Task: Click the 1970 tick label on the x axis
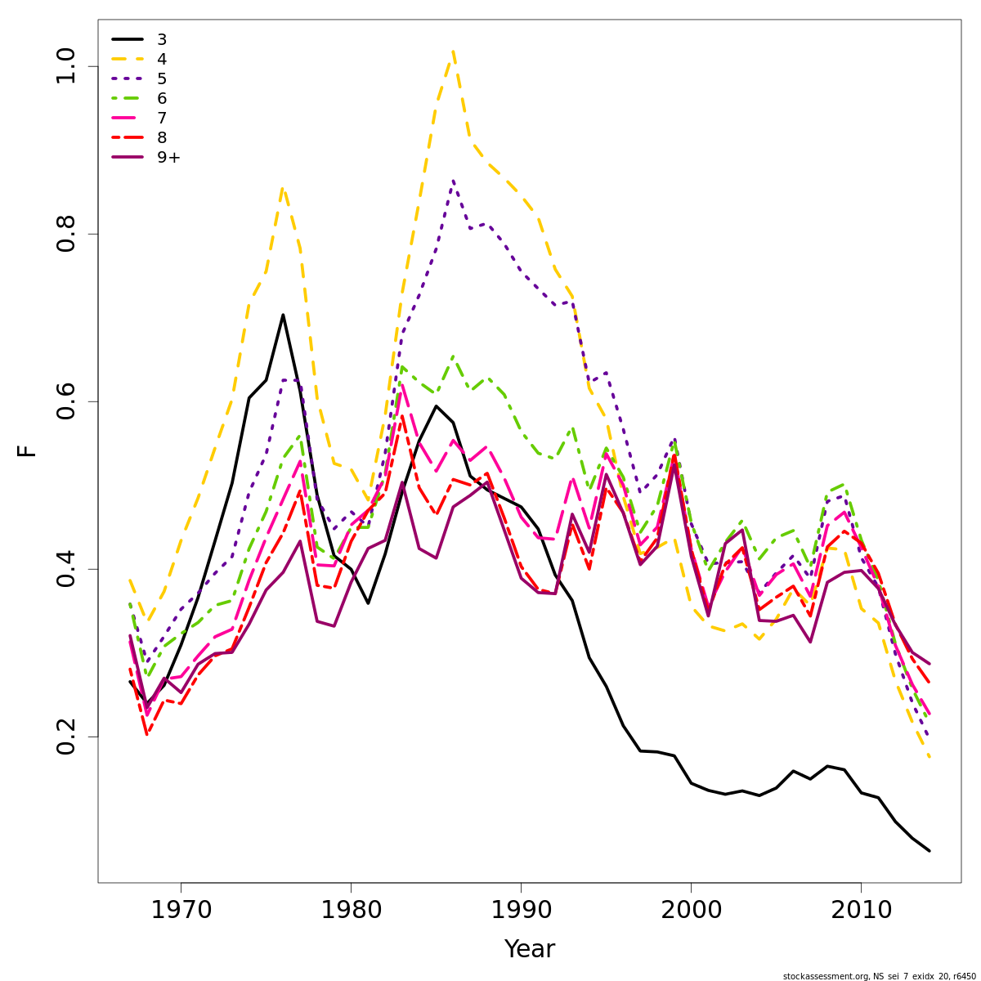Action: tap(181, 910)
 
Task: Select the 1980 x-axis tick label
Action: tap(351, 910)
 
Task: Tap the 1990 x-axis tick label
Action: tap(521, 910)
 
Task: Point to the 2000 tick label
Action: tap(691, 910)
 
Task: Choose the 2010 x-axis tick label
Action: tap(861, 910)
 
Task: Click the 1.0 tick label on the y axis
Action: tap(65, 66)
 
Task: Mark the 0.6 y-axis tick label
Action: tap(65, 401)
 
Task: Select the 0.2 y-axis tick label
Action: tap(65, 737)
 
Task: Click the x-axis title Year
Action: tap(529, 949)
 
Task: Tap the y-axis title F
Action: tap(28, 451)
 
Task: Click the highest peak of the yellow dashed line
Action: tap(453, 51)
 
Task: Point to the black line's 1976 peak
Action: tap(283, 315)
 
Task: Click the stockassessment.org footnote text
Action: tap(879, 976)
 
